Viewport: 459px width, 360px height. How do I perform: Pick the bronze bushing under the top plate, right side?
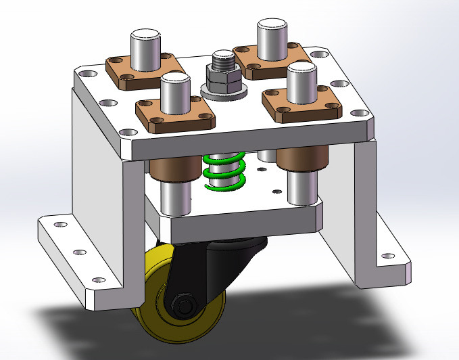point(302,160)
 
